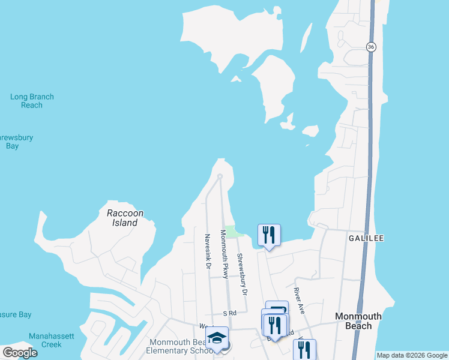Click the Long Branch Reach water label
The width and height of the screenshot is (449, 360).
pyautogui.click(x=32, y=101)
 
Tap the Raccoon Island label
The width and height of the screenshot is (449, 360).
pyautogui.click(x=125, y=218)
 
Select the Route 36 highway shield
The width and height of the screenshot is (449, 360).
pyautogui.click(x=372, y=47)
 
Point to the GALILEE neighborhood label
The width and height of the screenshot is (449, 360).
pyautogui.click(x=366, y=238)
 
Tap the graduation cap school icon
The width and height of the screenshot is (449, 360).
pyautogui.click(x=217, y=338)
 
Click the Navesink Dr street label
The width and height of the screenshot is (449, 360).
pyautogui.click(x=207, y=251)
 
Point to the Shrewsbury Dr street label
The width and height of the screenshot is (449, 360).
pyautogui.click(x=242, y=274)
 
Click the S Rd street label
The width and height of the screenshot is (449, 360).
pyautogui.click(x=230, y=313)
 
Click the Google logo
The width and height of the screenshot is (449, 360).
pyautogui.click(x=20, y=353)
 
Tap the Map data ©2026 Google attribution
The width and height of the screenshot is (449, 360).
pyautogui.click(x=412, y=355)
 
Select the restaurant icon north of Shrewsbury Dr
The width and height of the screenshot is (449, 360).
pyautogui.click(x=269, y=235)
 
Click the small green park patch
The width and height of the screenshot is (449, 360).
pyautogui.click(x=231, y=232)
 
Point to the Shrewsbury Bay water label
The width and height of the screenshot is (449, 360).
pyautogui.click(x=15, y=142)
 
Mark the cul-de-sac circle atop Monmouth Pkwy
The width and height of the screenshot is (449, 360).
pyautogui.click(x=220, y=176)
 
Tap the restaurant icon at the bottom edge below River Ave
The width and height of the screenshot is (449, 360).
pyautogui.click(x=304, y=350)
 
